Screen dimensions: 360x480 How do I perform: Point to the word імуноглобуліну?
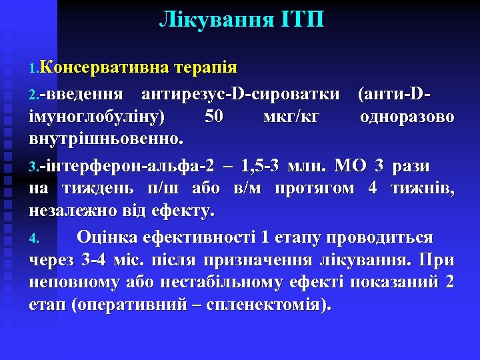tap(97, 117)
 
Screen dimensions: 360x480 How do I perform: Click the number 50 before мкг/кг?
tap(215, 117)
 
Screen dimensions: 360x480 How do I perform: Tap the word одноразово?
tap(407, 117)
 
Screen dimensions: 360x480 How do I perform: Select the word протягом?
tap(314, 190)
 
